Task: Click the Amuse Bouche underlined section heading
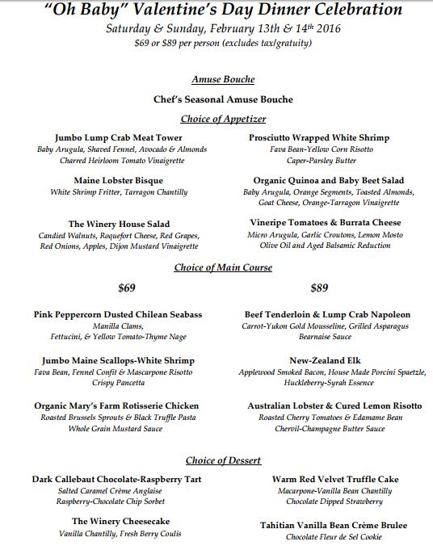coord(223,79)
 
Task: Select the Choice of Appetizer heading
coord(223,120)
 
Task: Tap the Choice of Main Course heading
coord(223,267)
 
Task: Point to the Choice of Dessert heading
coord(223,460)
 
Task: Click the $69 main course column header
coord(127,287)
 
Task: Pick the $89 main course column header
coord(320,287)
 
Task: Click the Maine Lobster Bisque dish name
coord(118,180)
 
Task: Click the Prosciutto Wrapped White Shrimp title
coord(319,138)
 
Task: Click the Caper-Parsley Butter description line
coord(319,161)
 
